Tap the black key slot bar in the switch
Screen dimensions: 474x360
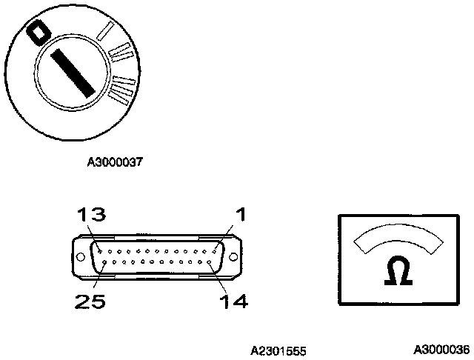(73, 71)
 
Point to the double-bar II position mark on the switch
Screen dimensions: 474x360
(121, 53)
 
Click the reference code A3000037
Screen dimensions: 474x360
(115, 161)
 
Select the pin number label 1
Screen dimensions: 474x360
(239, 215)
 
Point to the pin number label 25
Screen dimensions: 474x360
(89, 301)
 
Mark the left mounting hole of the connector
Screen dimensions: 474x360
(78, 257)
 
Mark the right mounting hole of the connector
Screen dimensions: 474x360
(234, 257)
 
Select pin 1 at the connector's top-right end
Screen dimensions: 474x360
(216, 251)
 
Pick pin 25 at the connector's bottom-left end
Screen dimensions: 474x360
(104, 263)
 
